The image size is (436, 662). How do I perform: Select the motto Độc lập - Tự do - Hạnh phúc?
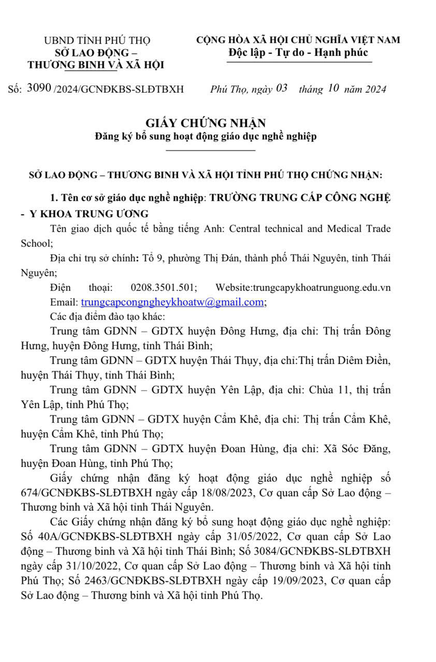pyautogui.click(x=298, y=53)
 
